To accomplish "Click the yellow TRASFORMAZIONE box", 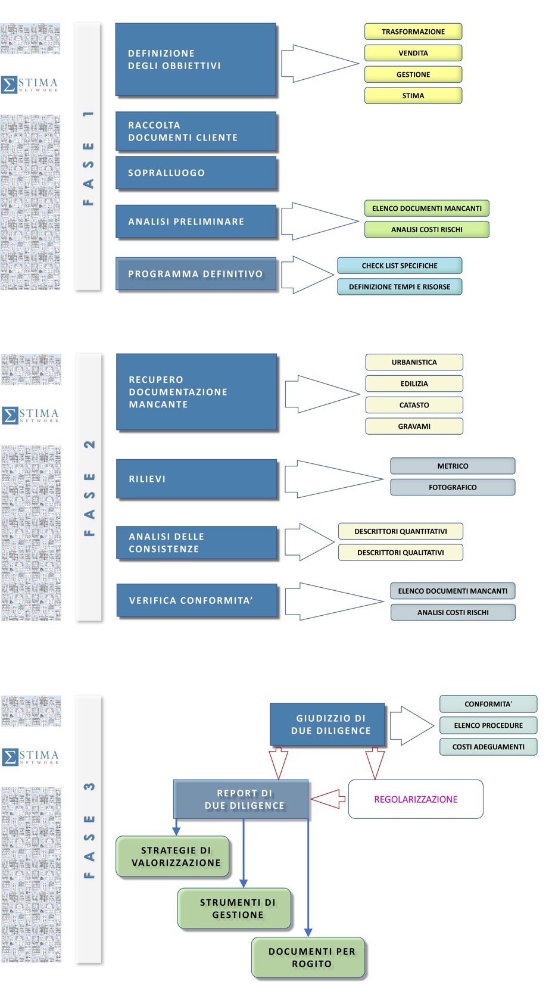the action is (x=413, y=32).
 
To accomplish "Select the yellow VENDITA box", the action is (x=413, y=53).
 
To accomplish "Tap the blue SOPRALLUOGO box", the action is (x=196, y=173).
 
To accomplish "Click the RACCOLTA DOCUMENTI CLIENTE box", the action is (x=196, y=131).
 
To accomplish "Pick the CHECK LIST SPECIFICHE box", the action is (x=400, y=266).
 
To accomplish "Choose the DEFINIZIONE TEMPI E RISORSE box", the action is (x=400, y=286).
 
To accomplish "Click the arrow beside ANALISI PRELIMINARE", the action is (x=320, y=221).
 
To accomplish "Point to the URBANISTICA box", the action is (x=414, y=362).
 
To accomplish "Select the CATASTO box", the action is (x=414, y=405).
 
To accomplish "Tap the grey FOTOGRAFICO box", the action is (x=453, y=487).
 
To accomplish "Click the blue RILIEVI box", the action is (x=197, y=479).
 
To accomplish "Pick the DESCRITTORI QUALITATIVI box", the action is (x=401, y=553).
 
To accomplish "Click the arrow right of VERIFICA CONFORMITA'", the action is (x=334, y=602).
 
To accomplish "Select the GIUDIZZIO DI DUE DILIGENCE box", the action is (x=327, y=724).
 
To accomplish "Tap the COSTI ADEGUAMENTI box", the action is (x=488, y=747).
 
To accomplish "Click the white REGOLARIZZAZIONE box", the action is (x=416, y=799).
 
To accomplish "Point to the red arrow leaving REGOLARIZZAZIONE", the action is (x=328, y=799).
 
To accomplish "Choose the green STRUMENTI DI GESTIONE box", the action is (x=235, y=909).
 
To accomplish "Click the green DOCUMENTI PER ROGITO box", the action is (x=308, y=958).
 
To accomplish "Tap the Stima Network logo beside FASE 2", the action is (x=30, y=415).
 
